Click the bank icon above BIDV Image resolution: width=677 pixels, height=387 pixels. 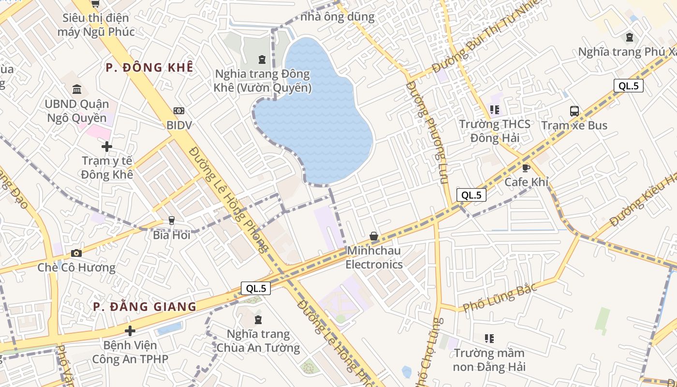pos(179,111)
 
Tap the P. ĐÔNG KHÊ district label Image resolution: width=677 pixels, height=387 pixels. pos(149,67)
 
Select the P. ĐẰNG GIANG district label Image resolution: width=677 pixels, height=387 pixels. pos(145,307)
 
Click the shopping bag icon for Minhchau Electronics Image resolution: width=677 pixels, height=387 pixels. pos(374,236)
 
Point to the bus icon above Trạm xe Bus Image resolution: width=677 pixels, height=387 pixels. pos(574,111)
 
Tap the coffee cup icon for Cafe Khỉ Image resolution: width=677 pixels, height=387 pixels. pos(526,168)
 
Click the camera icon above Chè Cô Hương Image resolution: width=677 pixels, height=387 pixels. pos(76,253)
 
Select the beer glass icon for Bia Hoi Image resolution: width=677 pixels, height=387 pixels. pos(171,221)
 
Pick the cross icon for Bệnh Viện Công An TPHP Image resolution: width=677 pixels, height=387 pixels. pos(130,331)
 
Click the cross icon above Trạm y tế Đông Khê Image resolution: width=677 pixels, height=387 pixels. pos(107,146)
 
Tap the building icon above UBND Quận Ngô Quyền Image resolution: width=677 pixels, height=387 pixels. pos(77,89)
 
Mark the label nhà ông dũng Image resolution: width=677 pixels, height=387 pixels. pos(338,17)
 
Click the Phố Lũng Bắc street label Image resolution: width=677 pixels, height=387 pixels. pos(500,298)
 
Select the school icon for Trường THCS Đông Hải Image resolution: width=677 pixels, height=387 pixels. pos(494,110)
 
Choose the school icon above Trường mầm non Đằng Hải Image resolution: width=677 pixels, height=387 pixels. pos(489,338)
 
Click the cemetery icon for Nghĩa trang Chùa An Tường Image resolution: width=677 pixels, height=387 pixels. pos(258,319)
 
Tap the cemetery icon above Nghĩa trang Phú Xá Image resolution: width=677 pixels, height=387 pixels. pos(629,37)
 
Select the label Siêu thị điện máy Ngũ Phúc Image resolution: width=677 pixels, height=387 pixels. pos(96,25)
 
